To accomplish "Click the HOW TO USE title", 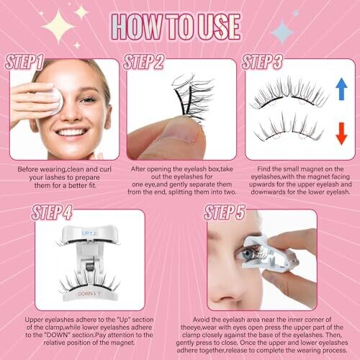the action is point(176,27).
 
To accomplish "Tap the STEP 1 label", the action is point(24,62).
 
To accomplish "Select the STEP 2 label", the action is point(143,62).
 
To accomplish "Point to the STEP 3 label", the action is point(262,62).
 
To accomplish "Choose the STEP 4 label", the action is point(52,212).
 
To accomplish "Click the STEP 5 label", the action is point(225,212).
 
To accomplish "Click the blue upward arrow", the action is point(341,89).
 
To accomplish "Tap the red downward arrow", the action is point(341,133).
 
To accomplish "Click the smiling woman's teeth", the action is point(72,132).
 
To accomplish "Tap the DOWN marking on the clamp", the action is point(89,294).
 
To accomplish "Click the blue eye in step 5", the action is point(246,255).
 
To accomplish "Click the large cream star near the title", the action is point(58,27).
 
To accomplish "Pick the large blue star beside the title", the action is point(282,32).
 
